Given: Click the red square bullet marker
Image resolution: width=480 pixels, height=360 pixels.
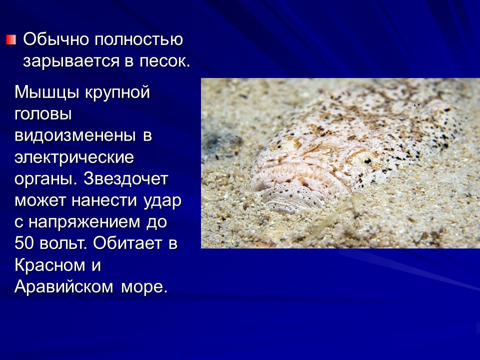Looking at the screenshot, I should [11, 39].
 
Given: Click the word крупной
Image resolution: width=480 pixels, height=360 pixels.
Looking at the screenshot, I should [115, 92].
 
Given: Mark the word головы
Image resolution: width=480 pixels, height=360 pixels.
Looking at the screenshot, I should [43, 114].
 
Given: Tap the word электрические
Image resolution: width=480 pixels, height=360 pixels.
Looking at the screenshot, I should [74, 157].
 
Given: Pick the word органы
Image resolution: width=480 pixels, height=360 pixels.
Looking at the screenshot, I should [45, 179].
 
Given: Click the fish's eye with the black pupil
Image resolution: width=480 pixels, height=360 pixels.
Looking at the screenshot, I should [366, 160].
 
